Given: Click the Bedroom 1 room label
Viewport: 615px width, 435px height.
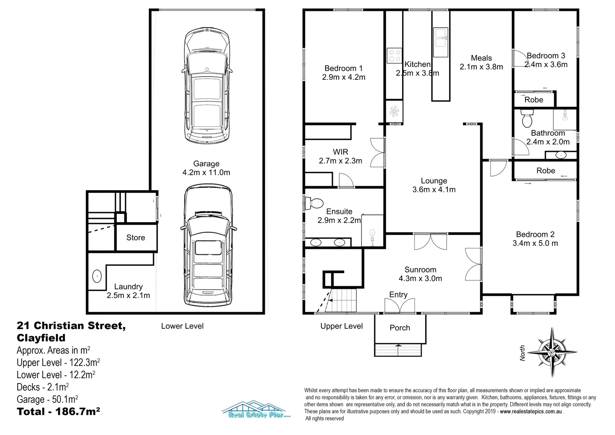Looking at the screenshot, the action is [x=343, y=68].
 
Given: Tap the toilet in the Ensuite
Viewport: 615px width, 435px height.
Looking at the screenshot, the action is [x=314, y=203].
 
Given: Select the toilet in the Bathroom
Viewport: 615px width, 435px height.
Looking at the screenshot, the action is [x=527, y=118].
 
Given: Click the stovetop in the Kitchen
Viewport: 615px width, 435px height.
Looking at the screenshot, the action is [x=394, y=56].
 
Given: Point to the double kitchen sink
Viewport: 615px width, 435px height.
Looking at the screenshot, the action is [x=440, y=42].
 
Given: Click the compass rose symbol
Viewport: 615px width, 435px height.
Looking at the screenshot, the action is [x=552, y=352].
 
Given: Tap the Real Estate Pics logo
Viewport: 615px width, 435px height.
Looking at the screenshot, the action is [x=256, y=409].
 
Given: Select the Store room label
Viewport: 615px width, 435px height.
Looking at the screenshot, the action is [x=136, y=237].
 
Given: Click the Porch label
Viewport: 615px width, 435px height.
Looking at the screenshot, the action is [x=400, y=327].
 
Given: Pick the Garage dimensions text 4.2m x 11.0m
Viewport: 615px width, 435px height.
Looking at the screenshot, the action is [x=206, y=172].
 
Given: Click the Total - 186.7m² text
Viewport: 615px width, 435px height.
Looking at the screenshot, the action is [x=58, y=411].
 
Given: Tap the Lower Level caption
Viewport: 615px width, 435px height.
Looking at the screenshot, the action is [x=182, y=326].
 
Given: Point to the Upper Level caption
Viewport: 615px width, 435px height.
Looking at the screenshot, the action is [x=342, y=326].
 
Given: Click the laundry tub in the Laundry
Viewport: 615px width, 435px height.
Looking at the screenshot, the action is [x=97, y=276].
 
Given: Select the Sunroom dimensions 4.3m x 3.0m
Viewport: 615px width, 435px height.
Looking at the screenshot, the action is [x=420, y=278].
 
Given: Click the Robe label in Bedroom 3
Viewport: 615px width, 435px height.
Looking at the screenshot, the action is [x=534, y=99].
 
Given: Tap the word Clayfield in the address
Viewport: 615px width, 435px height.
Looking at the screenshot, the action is [x=41, y=338].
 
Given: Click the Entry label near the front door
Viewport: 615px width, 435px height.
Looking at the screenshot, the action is [x=398, y=294].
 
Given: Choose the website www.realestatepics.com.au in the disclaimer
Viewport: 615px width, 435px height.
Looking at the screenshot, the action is [x=531, y=411].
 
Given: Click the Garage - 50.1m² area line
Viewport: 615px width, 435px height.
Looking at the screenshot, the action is [x=47, y=399].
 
